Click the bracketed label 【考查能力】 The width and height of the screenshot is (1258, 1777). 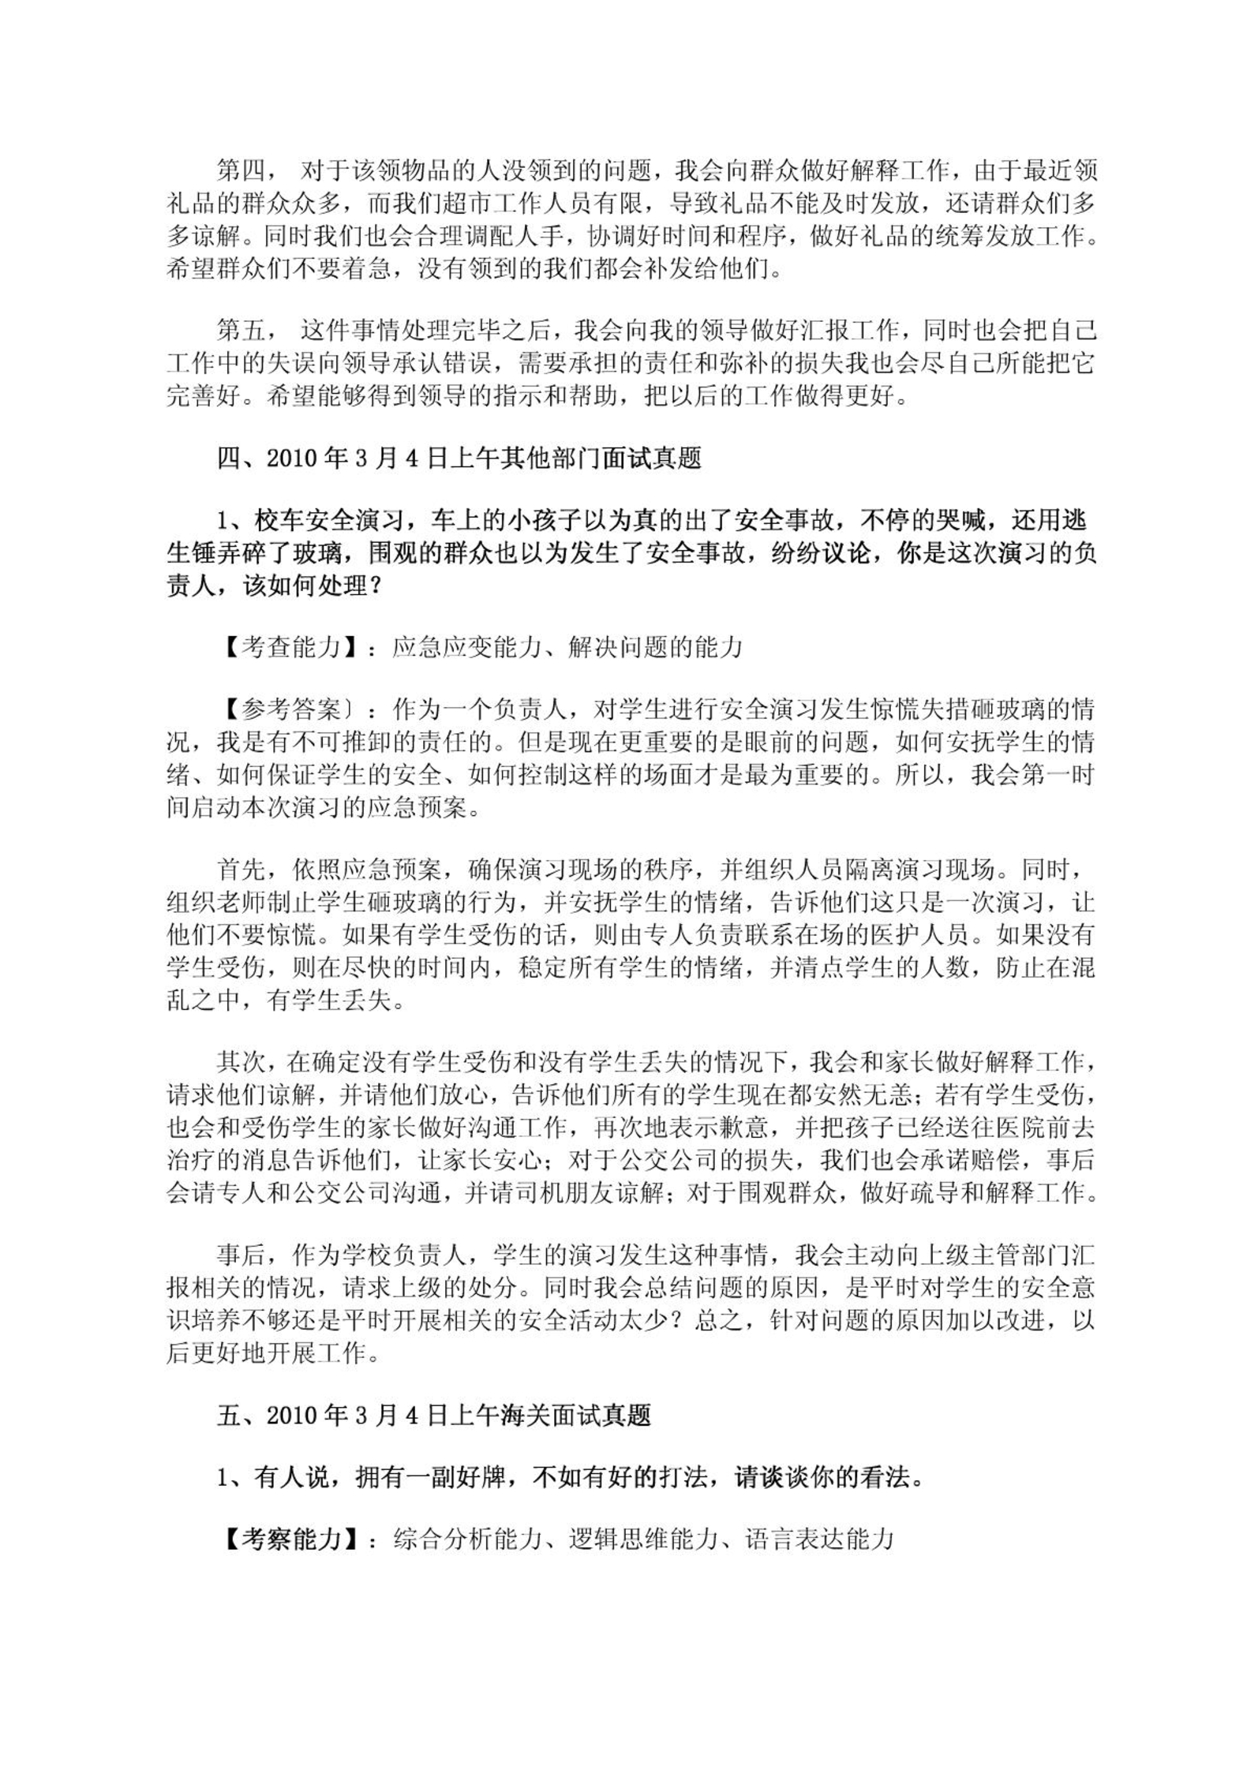(292, 648)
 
